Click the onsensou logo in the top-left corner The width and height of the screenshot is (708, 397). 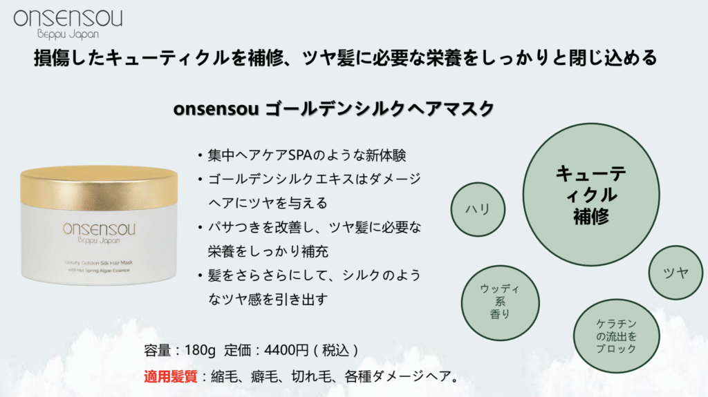point(68,23)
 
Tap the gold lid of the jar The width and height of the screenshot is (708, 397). point(99,187)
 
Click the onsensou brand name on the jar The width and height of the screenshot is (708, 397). point(99,229)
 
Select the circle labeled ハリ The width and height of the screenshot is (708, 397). point(478,209)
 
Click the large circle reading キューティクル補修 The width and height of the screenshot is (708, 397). point(591,195)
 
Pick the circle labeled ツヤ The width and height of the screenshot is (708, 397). point(676,273)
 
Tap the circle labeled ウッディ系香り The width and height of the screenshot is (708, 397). point(501,302)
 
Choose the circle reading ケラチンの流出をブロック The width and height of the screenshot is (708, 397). point(616,336)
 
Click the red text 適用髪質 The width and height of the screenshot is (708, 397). point(171,376)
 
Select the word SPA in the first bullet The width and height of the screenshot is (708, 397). point(300,155)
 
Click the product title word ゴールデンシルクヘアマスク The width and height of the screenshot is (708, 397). point(380,108)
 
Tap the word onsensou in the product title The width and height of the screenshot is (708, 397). point(216,109)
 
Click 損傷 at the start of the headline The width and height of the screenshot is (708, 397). point(51,58)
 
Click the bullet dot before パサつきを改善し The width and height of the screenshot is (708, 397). point(200,227)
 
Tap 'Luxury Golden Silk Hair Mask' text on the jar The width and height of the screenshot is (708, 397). point(98,262)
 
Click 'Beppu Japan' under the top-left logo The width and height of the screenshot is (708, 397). point(68,35)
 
